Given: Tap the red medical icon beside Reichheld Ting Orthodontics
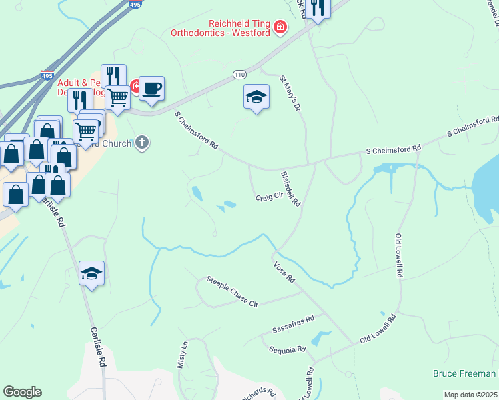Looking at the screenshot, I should (281, 27).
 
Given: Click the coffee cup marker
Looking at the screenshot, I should (151, 88).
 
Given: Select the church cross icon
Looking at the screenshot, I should (141, 142).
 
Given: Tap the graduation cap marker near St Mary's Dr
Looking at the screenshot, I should (256, 97).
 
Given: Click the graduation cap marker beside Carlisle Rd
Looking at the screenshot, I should (92, 273).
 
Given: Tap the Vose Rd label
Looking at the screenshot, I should (284, 271).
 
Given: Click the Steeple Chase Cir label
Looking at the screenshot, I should (231, 291).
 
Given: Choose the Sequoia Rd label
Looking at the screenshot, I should (287, 349).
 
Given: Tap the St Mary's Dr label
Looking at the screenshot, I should (292, 93).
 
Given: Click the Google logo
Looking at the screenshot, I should (22, 392).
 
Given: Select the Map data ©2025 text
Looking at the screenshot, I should (470, 395).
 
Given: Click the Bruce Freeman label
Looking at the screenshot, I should (464, 373).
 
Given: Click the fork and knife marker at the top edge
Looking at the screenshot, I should (318, 9).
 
